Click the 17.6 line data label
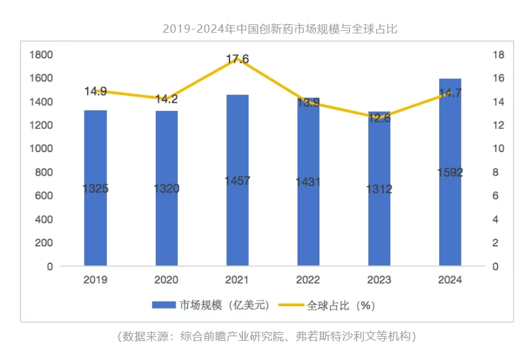(x=237, y=60)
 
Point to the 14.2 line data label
(x=167, y=99)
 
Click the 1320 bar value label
(x=167, y=189)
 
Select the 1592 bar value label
(x=449, y=173)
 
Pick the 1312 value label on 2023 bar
(x=379, y=189)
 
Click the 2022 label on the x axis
(x=308, y=280)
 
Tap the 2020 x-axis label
(x=167, y=280)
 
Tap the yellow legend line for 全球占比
(x=291, y=305)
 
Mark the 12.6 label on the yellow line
(x=379, y=117)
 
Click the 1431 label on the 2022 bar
(x=308, y=182)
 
